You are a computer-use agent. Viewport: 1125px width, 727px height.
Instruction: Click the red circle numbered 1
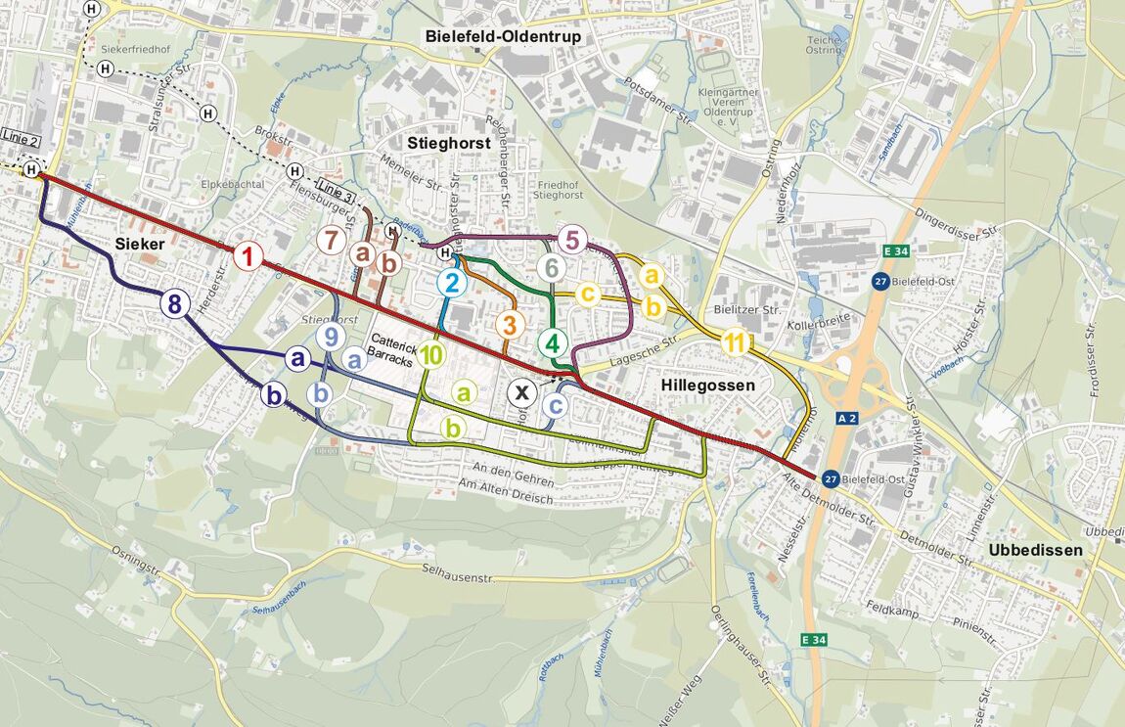point(248,257)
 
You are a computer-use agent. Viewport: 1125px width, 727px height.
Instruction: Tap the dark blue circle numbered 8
point(174,303)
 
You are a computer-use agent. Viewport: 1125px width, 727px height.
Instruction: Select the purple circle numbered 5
point(573,240)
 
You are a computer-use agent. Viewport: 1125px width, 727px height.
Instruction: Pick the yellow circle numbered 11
point(736,342)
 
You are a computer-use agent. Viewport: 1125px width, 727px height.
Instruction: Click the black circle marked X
point(522,393)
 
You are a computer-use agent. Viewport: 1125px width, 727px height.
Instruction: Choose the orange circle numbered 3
point(509,324)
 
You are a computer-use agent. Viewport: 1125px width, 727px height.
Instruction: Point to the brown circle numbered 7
point(332,240)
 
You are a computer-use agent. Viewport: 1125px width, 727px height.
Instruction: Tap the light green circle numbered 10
point(432,356)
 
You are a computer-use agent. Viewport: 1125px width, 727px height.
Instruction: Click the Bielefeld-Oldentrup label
point(503,36)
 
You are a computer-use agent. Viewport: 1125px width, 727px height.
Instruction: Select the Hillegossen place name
point(708,386)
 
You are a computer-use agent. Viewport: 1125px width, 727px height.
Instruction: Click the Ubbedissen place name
point(1035,550)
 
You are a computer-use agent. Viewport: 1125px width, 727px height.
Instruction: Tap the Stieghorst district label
point(448,143)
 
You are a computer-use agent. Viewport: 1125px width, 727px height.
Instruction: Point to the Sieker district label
point(139,244)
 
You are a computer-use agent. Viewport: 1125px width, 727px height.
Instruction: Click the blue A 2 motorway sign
point(847,418)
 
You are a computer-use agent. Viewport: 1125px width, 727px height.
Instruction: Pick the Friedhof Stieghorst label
point(560,190)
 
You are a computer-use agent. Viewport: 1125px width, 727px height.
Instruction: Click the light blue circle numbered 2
point(452,284)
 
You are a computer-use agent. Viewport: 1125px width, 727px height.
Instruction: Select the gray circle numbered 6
point(552,267)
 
